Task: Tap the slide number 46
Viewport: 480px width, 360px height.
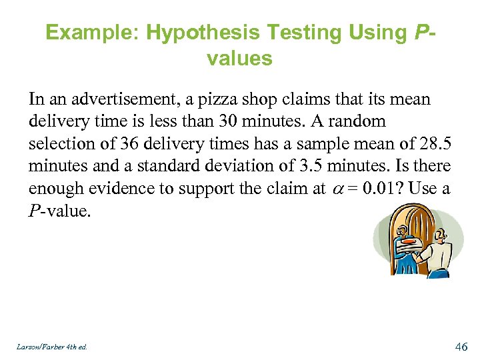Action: click(461, 346)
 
